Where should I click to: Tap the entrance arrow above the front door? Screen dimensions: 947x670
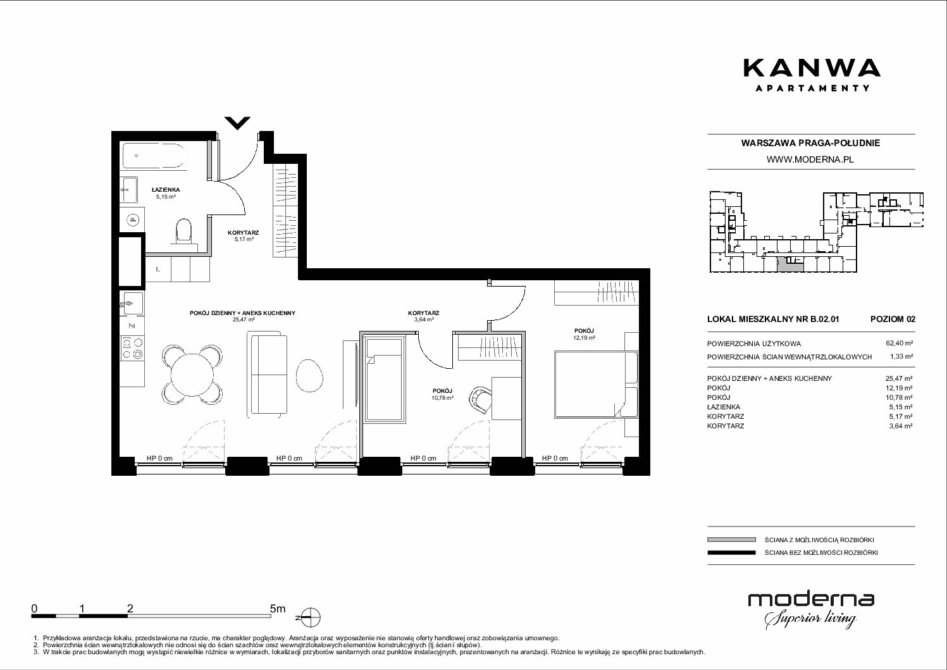click(238, 123)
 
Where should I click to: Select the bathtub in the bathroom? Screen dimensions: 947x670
click(154, 156)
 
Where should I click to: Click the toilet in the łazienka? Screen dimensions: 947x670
click(183, 231)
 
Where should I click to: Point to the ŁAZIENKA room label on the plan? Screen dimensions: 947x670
click(166, 190)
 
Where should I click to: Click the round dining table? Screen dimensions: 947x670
click(192, 374)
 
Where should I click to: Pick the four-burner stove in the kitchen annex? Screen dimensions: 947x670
click(132, 349)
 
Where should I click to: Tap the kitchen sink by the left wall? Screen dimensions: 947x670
click(132, 303)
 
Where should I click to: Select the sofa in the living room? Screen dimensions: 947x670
click(268, 374)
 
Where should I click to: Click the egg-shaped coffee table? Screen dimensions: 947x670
click(309, 375)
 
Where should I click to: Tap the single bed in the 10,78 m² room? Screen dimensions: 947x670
click(384, 379)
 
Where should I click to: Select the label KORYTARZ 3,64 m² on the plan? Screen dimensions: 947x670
click(424, 316)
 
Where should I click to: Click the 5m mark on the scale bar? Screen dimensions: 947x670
click(277, 609)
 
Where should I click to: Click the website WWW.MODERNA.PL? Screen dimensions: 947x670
click(810, 159)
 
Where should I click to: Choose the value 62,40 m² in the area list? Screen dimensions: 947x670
click(899, 344)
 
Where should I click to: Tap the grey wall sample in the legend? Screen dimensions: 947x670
click(731, 540)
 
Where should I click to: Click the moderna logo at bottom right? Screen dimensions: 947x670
click(811, 609)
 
